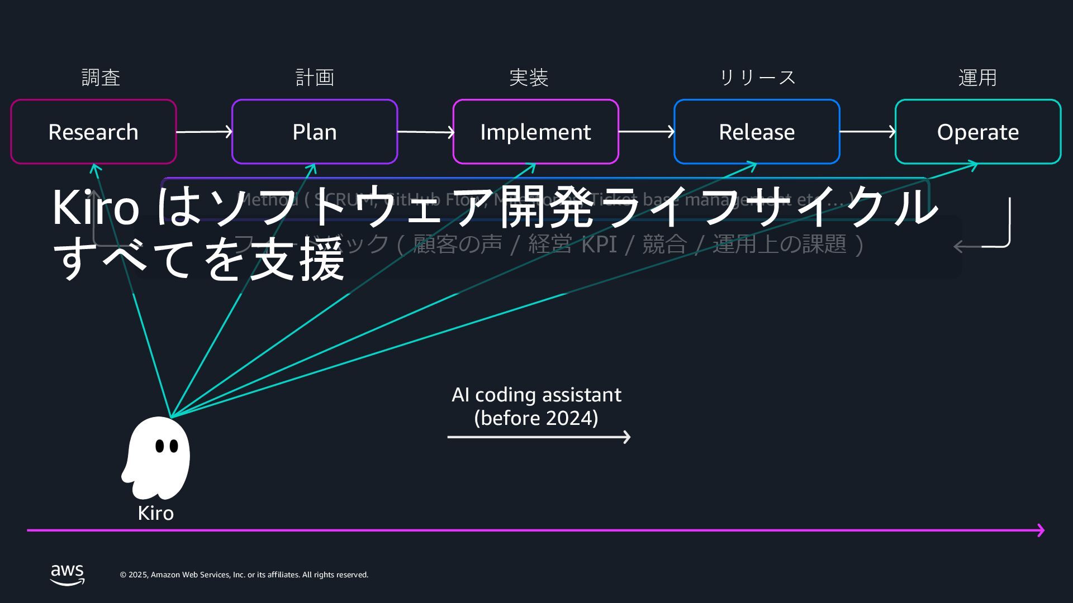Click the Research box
click(93, 132)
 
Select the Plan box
click(315, 132)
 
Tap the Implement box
click(535, 132)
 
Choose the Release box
click(757, 132)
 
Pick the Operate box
click(977, 132)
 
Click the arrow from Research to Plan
click(204, 132)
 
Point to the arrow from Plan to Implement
click(425, 132)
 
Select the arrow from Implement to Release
click(647, 132)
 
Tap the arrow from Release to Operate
click(867, 132)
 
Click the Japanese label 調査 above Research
click(101, 78)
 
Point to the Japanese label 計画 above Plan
click(315, 78)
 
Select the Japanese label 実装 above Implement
click(529, 78)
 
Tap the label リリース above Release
click(757, 78)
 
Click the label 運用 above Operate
click(977, 78)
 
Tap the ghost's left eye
click(160, 446)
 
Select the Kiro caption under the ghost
click(155, 513)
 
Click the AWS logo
click(68, 575)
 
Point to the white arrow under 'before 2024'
click(539, 437)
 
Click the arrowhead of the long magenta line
click(1041, 530)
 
